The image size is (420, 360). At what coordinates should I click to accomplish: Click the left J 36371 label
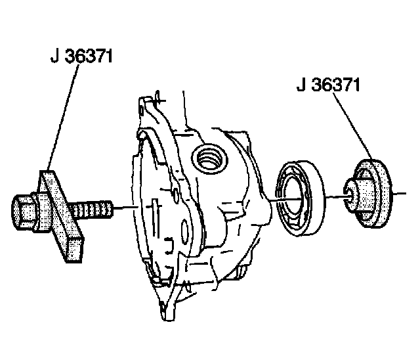(x=82, y=56)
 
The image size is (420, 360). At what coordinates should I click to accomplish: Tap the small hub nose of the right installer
(x=355, y=193)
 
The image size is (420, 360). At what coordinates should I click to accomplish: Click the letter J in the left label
(x=54, y=57)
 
